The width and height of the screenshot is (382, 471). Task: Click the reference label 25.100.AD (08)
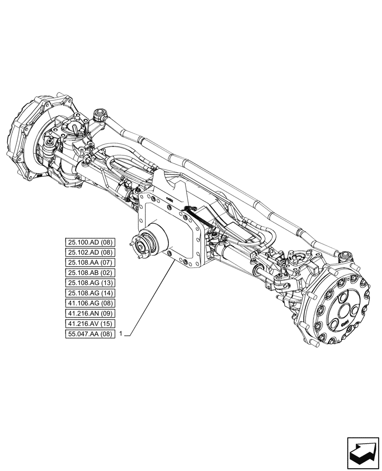click(90, 242)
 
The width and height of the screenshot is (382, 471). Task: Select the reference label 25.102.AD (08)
click(90, 252)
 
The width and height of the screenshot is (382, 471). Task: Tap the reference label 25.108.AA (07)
click(90, 262)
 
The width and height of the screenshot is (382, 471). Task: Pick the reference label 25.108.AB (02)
click(90, 273)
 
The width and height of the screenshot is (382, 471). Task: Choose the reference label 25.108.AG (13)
click(90, 283)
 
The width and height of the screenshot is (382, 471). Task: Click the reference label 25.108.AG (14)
click(90, 293)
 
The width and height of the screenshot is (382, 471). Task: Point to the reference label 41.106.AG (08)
click(90, 303)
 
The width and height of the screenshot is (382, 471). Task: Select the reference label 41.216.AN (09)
click(90, 314)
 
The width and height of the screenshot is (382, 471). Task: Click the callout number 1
click(121, 334)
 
